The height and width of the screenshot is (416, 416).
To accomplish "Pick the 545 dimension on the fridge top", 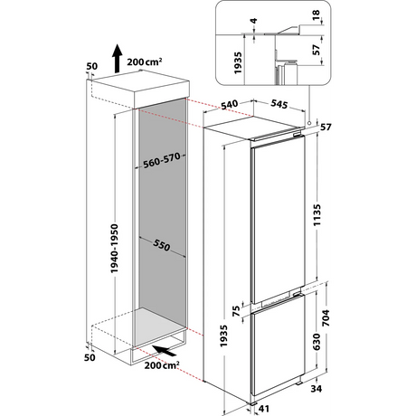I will (x=279, y=107).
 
